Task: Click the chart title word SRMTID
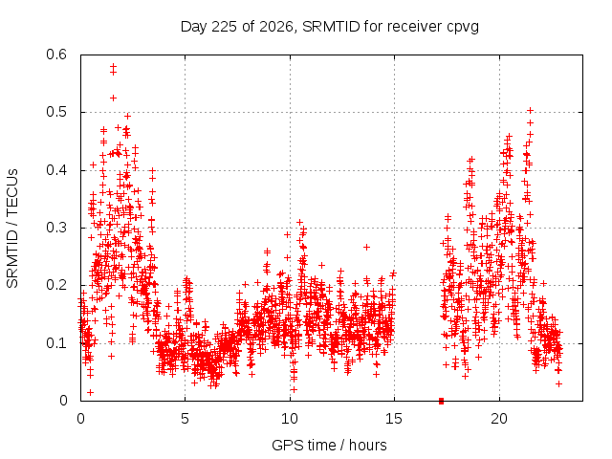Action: pos(331,27)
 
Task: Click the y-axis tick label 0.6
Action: pos(56,55)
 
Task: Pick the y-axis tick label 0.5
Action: pos(56,112)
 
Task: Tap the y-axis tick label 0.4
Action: pos(56,170)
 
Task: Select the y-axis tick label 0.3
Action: pos(56,228)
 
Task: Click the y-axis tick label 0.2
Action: pos(56,285)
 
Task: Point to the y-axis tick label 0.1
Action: pos(56,343)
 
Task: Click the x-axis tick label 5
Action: pos(185,419)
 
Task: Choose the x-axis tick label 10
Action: pos(290,419)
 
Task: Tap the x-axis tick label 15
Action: pos(394,419)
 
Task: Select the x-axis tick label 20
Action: pos(499,419)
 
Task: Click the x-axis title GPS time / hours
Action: pos(329,445)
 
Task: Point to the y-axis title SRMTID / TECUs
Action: pos(12,229)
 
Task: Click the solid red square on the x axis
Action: pos(442,401)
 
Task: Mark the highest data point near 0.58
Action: pos(113,66)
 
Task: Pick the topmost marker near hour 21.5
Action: pos(530,111)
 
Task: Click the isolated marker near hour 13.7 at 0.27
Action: pos(366,247)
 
